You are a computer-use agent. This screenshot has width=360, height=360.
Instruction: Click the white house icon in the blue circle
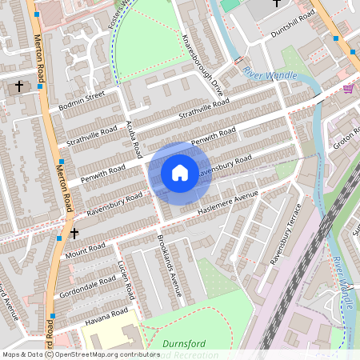180,173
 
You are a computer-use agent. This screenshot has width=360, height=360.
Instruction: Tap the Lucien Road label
124,276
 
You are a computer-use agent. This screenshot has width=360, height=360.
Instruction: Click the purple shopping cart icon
348,89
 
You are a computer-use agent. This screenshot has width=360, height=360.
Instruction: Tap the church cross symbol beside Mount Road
74,234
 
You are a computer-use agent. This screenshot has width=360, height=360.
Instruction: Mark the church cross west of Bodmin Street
19,86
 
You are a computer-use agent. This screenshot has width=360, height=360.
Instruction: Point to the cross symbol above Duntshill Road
277,3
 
